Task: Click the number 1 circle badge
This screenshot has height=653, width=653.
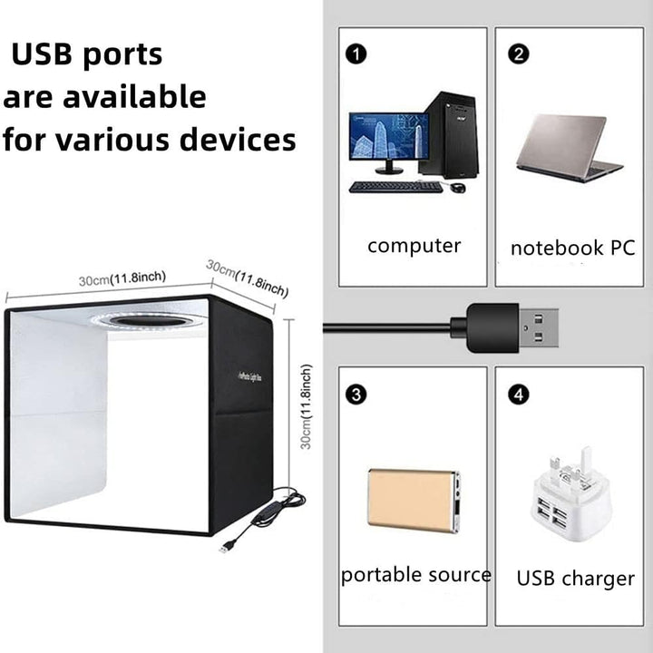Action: click(357, 54)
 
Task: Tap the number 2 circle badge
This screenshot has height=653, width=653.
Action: click(519, 54)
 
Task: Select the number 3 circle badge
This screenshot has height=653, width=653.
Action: click(357, 395)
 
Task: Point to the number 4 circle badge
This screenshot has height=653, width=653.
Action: click(517, 395)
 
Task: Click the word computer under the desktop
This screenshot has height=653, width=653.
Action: click(414, 246)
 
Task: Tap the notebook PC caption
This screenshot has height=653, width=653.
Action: click(572, 249)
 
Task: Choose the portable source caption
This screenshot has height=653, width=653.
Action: click(416, 575)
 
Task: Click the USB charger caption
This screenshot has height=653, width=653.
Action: click(576, 579)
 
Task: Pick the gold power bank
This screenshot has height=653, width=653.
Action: click(413, 498)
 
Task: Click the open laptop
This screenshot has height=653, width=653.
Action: click(570, 148)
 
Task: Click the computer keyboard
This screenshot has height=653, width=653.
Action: click(395, 187)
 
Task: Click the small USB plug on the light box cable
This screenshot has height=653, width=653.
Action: click(225, 547)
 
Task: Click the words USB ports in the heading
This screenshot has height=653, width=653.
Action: click(87, 54)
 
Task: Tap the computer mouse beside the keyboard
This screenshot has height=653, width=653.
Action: click(458, 188)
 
